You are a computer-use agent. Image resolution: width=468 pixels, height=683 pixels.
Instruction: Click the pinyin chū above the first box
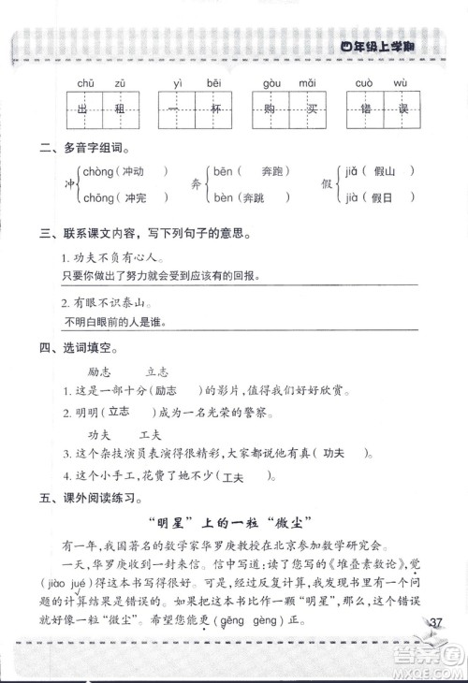click(x=87, y=83)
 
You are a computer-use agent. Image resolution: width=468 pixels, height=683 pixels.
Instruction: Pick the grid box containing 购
click(x=271, y=109)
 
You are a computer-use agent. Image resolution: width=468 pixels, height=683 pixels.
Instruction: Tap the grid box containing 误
click(x=400, y=109)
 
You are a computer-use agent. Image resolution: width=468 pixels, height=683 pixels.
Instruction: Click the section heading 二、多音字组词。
click(x=80, y=149)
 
